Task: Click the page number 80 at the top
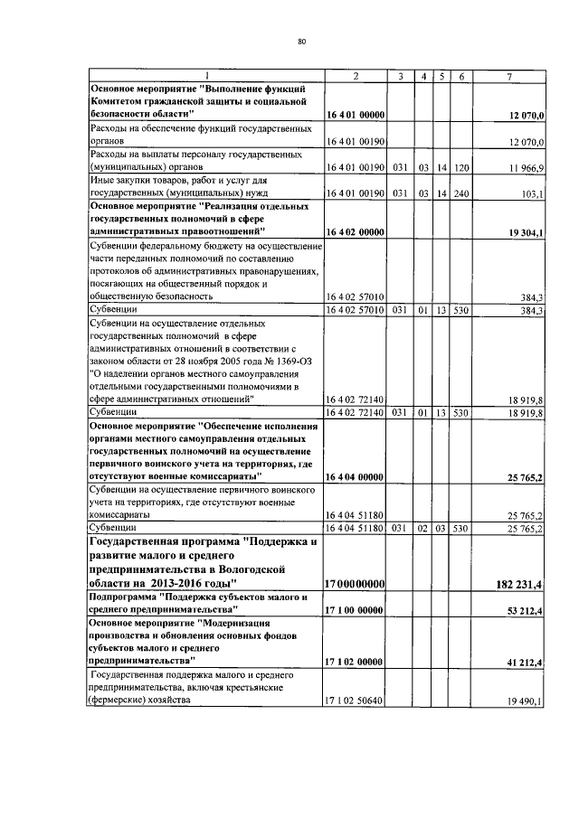click(x=301, y=41)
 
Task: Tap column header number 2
click(x=355, y=76)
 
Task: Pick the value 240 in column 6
click(x=461, y=193)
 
